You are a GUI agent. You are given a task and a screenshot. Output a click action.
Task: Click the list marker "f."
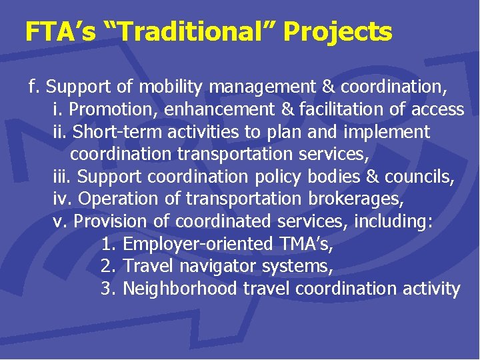coord(35,87)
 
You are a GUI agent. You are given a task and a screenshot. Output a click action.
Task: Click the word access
coord(436,109)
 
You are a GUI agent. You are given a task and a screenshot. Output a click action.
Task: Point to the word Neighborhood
coord(180,289)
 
